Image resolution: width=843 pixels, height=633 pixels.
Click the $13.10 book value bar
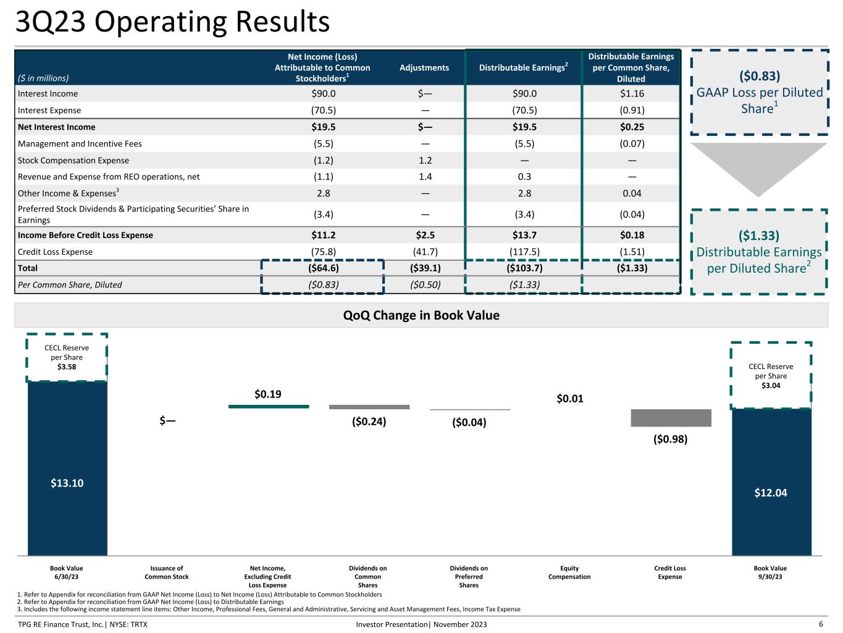click(67, 468)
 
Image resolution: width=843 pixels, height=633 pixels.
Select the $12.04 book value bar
click(771, 482)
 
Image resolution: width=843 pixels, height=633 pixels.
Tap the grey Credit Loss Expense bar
click(671, 418)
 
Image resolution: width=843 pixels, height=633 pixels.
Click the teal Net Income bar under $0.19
click(269, 406)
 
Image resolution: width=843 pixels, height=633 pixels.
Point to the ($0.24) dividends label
click(369, 422)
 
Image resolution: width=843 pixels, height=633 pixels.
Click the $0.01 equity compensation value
click(569, 399)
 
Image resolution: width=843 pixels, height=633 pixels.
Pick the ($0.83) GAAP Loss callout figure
click(759, 75)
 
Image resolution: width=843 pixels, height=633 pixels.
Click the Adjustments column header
click(424, 67)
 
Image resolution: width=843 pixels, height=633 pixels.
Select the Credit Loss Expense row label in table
click(55, 252)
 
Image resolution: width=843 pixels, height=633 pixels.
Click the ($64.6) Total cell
click(323, 268)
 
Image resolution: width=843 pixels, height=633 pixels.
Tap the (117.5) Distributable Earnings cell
click(524, 252)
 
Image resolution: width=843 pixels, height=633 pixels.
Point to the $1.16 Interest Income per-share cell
click(632, 93)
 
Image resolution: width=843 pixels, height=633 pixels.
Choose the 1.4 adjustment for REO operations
click(425, 177)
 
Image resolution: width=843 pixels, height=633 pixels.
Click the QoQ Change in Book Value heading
click(421, 315)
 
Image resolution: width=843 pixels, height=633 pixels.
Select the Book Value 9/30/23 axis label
click(770, 572)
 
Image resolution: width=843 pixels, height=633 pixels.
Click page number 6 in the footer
click(821, 624)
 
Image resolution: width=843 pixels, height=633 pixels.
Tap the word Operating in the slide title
click(161, 22)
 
